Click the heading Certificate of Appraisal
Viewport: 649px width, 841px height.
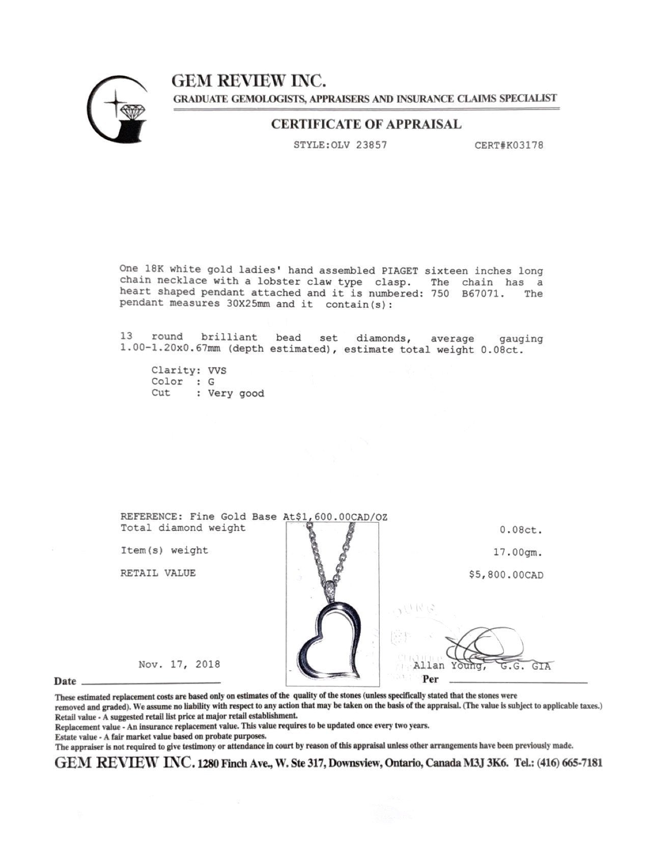[x=366, y=124]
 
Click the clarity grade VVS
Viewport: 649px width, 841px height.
[x=217, y=371]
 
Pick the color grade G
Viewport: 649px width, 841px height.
[x=211, y=382]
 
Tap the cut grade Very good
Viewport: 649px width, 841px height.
[x=236, y=393]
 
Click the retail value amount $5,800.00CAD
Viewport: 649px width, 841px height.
[x=506, y=575]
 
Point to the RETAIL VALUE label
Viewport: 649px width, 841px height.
[x=158, y=573]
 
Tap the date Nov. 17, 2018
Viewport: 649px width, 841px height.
[x=179, y=665]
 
